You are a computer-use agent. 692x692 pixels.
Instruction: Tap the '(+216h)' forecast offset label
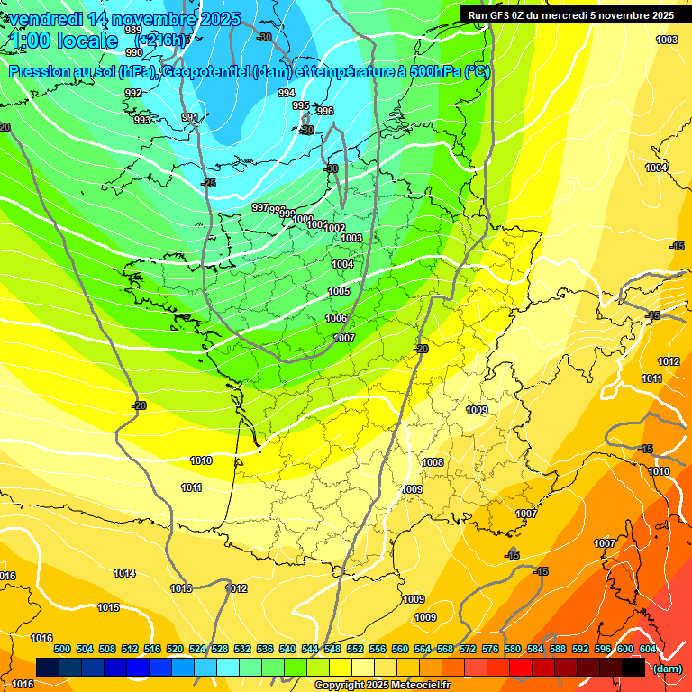click(x=160, y=41)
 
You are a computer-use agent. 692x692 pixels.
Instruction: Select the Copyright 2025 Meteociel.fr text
click(x=382, y=686)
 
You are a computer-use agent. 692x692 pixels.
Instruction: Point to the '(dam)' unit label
click(x=667, y=669)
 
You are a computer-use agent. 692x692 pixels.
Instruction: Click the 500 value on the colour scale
click(x=62, y=649)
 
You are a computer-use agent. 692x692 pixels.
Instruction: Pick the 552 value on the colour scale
click(x=355, y=649)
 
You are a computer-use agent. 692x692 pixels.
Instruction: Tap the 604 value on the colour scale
click(x=648, y=649)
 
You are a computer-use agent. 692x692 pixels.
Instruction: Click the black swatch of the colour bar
click(x=633, y=668)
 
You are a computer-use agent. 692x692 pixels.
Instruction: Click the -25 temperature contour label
click(x=209, y=183)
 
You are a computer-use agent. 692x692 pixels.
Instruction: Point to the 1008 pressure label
click(x=432, y=462)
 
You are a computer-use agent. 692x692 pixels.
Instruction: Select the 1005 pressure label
click(x=339, y=291)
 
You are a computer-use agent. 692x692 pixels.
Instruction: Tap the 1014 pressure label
click(x=124, y=573)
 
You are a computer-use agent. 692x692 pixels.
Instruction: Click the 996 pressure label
click(x=324, y=111)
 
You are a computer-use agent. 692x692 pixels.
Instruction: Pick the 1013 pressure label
click(x=181, y=588)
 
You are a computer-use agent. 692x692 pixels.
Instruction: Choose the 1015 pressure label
click(x=108, y=607)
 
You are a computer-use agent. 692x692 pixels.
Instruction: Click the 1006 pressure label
click(x=336, y=318)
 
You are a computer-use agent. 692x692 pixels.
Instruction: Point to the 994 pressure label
click(x=287, y=93)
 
